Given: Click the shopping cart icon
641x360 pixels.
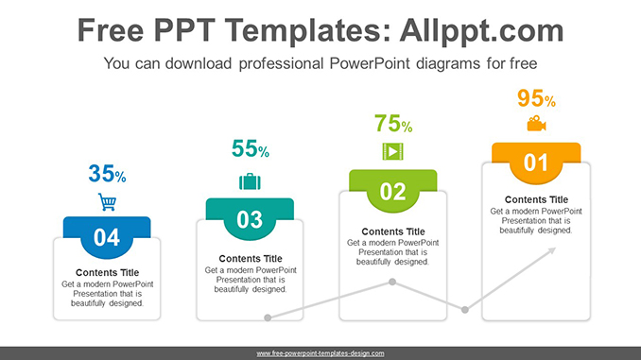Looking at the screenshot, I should click(107, 201).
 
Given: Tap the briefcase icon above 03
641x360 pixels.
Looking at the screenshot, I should click(250, 180).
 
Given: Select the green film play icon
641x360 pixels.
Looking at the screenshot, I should click(391, 151).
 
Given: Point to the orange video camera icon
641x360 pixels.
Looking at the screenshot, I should click(536, 124).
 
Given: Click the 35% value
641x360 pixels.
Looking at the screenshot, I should click(107, 174).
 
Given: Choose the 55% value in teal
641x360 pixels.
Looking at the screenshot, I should click(250, 148).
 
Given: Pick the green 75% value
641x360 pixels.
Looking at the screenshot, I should click(392, 123).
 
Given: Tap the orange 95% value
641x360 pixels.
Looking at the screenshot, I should click(536, 98).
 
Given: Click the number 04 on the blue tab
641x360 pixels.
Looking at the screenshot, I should click(107, 237).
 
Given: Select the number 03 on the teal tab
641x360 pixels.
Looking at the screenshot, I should click(250, 220).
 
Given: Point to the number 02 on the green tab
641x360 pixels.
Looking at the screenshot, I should click(392, 193).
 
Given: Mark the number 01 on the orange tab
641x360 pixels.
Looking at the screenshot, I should click(536, 163).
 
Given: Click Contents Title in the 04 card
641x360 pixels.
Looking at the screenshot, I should click(107, 273).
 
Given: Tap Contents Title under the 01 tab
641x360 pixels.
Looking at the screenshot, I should click(536, 199).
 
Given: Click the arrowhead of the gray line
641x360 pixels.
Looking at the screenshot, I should click(553, 250).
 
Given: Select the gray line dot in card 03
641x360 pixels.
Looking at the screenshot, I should click(268, 318).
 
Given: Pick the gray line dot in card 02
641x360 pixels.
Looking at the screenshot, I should click(392, 283).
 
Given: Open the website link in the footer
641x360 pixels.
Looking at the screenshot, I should click(320, 353).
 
